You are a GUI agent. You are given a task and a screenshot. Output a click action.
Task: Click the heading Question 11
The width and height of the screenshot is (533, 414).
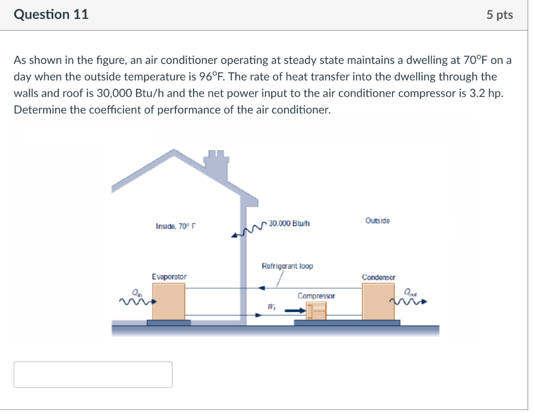tap(51, 15)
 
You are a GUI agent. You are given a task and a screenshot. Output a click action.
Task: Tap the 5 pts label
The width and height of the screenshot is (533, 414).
tap(500, 15)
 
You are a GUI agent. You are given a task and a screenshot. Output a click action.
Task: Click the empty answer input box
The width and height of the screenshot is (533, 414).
tap(93, 374)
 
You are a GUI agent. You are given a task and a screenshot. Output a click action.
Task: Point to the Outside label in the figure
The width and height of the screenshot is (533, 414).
tap(377, 221)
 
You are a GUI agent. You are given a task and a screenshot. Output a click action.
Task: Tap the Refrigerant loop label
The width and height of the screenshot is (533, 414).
tap(287, 266)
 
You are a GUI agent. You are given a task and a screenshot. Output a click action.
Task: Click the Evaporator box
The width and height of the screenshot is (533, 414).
tap(169, 303)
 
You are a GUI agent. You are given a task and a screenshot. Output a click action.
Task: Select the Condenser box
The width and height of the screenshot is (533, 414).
tap(378, 303)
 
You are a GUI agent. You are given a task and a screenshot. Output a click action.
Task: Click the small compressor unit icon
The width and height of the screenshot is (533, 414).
tap(316, 311)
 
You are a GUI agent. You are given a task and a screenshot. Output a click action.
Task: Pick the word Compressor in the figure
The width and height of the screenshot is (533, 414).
tap(316, 296)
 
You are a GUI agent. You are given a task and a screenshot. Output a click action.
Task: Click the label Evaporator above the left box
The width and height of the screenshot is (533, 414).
tap(169, 277)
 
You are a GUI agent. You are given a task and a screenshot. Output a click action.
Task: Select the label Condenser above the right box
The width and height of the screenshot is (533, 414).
tap(378, 278)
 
